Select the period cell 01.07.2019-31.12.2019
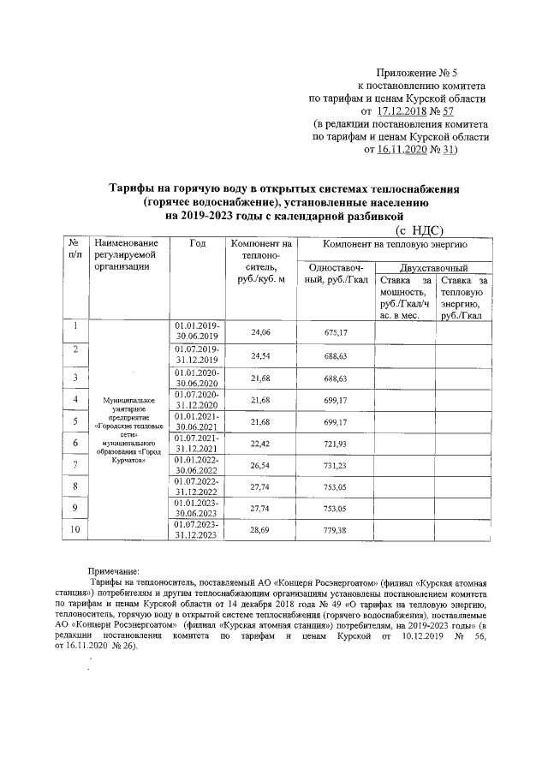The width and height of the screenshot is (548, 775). click(x=197, y=355)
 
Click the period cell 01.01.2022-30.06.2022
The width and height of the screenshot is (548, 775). click(x=197, y=465)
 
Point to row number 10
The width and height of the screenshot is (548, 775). click(x=75, y=531)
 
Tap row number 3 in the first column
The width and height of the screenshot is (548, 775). click(x=75, y=377)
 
